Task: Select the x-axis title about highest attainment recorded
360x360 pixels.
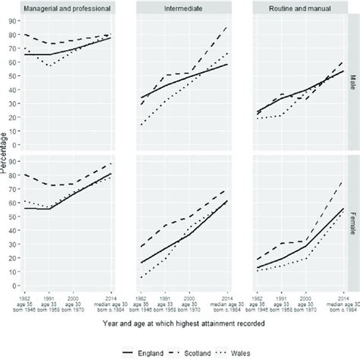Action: (186, 323)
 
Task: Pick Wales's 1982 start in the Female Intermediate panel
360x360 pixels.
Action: (141, 277)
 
